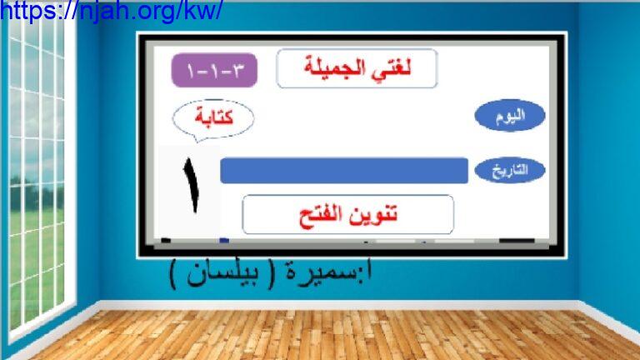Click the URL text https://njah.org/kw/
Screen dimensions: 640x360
pyautogui.click(x=112, y=10)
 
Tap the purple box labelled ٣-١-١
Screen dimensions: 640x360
pyautogui.click(x=214, y=70)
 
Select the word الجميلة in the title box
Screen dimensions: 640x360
pyautogui.click(x=338, y=67)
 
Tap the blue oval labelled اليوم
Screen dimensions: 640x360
pyautogui.click(x=510, y=116)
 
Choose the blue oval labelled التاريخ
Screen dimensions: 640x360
pyautogui.click(x=510, y=170)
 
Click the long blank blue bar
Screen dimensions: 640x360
pyautogui.click(x=344, y=171)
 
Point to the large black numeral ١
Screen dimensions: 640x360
pyautogui.click(x=192, y=184)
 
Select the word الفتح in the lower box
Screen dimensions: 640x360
pyautogui.click(x=322, y=215)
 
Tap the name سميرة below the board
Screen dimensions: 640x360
pyautogui.click(x=323, y=273)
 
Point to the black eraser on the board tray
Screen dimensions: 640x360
pyautogui.click(x=517, y=241)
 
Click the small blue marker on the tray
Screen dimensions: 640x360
pyautogui.click(x=224, y=240)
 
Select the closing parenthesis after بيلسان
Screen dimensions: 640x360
pyautogui.click(x=173, y=275)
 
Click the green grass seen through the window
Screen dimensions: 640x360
pyautogui.click(x=36, y=261)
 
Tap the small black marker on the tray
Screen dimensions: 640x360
pyautogui.click(x=166, y=240)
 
